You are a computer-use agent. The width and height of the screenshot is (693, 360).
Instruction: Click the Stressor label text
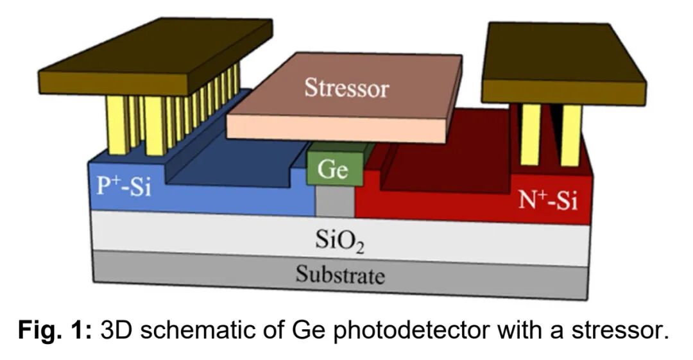346,87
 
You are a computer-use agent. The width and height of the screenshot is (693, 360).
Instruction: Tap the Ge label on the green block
333,171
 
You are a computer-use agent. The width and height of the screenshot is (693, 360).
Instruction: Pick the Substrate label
340,275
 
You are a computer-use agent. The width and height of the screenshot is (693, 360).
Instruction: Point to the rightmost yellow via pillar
570,135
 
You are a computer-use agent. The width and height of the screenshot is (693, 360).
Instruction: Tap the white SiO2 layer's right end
571,247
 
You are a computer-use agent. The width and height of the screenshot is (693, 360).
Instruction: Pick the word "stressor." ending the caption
622,330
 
